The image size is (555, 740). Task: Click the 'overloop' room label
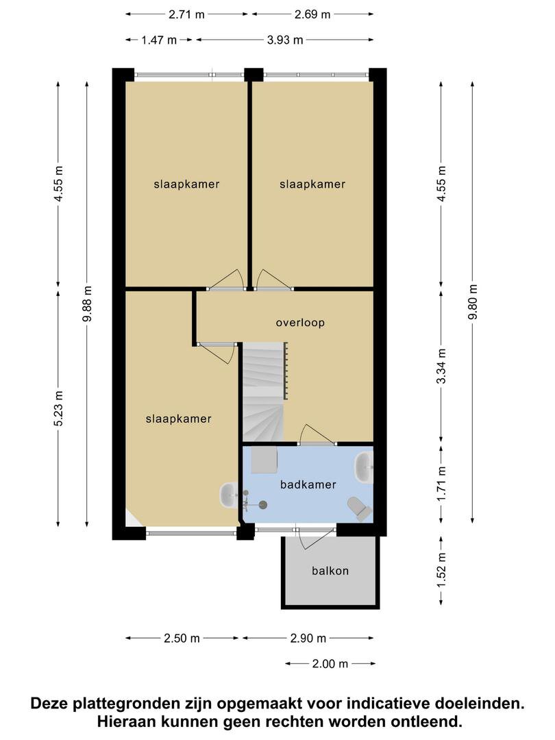(x=300, y=323)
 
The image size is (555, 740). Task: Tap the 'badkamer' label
(x=308, y=484)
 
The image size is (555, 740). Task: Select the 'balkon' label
(x=330, y=571)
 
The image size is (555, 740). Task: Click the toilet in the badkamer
(x=360, y=508)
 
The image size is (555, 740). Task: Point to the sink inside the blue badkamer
(x=364, y=467)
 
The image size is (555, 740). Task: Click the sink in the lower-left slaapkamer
(x=229, y=495)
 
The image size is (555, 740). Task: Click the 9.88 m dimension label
(x=87, y=304)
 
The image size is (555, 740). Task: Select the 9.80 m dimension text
(x=473, y=301)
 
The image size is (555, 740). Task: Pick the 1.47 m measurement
(x=159, y=40)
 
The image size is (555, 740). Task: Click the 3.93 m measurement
(x=285, y=40)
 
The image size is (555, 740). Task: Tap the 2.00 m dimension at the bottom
(x=330, y=664)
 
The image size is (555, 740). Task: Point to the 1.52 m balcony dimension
(x=441, y=570)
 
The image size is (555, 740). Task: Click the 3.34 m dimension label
(x=441, y=366)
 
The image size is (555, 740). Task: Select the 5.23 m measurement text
(x=58, y=408)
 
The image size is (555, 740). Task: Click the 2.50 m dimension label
(x=182, y=639)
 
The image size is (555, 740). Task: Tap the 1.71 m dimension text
(x=441, y=484)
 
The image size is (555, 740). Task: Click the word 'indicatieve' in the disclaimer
(x=386, y=704)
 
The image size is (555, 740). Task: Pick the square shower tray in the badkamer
(x=264, y=460)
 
